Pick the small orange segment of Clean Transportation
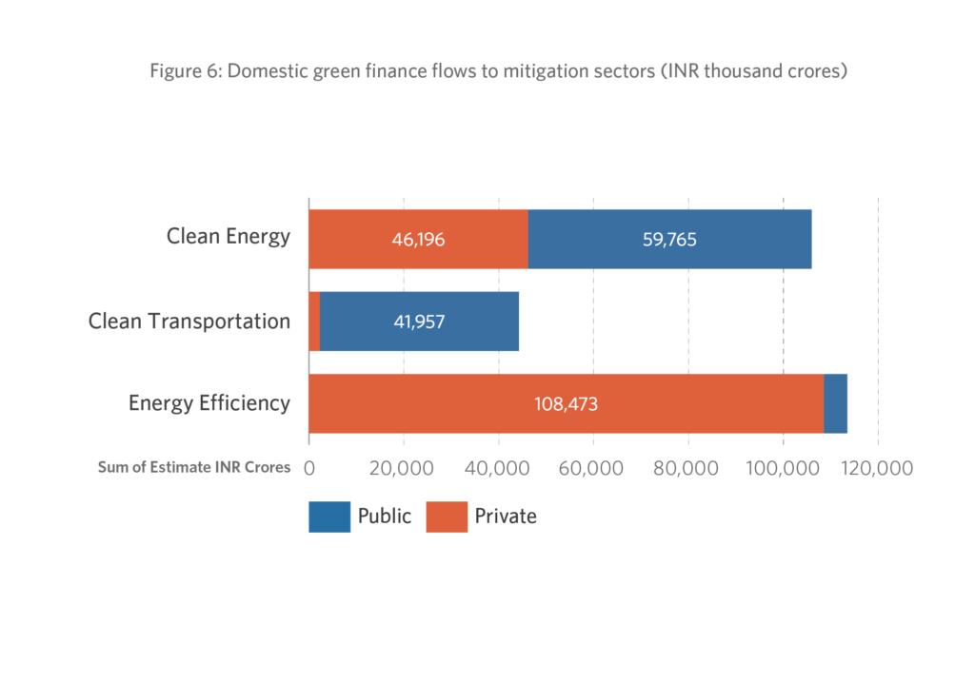(314, 322)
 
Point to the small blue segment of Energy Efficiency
(835, 403)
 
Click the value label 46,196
(418, 239)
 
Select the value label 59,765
(669, 239)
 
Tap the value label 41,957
(419, 322)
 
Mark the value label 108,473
(566, 403)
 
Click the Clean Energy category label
(229, 236)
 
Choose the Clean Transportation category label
(189, 321)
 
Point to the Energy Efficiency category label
(209, 403)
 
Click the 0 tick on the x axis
(309, 468)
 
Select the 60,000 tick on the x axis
(593, 468)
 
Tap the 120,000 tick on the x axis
(875, 468)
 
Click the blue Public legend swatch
(329, 517)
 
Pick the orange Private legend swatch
(447, 517)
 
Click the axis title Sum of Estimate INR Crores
(194, 467)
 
